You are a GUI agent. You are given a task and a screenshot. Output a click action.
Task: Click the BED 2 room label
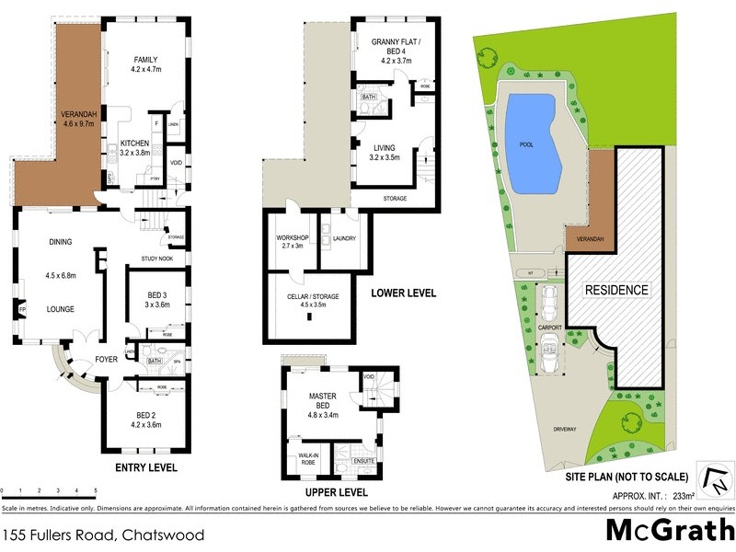146,420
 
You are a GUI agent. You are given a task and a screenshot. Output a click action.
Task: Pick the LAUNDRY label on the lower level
344,238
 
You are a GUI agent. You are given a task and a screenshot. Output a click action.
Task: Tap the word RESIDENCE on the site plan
617,290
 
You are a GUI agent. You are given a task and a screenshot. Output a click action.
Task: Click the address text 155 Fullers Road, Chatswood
102,534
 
